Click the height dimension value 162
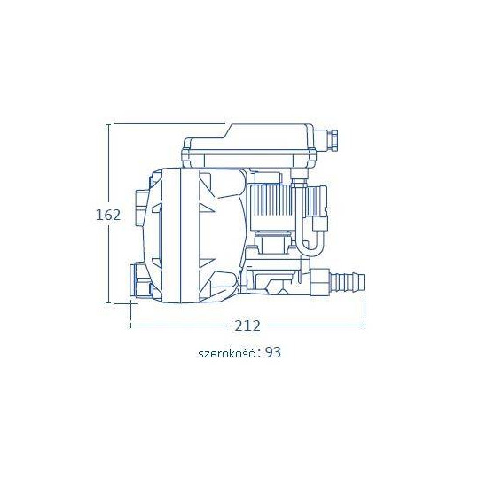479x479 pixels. (108, 215)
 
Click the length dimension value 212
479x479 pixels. (247, 326)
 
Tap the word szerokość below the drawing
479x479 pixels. (227, 353)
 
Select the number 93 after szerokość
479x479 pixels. (272, 352)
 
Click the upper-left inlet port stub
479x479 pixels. (140, 207)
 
